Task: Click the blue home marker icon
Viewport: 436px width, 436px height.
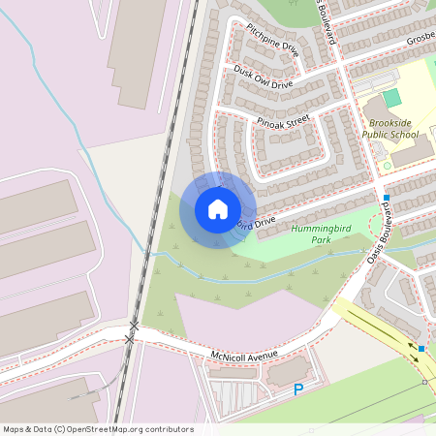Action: click(x=217, y=209)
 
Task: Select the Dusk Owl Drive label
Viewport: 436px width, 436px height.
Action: click(x=263, y=78)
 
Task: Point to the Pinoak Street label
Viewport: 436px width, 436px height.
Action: click(x=283, y=120)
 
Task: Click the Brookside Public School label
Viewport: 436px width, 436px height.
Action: click(x=390, y=129)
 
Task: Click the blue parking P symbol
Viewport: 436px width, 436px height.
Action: click(x=298, y=389)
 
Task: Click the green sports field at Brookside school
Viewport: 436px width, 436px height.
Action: click(x=391, y=98)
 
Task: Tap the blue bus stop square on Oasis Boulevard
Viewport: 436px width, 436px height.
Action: click(x=386, y=198)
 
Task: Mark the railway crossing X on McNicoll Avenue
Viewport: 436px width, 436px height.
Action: click(x=132, y=338)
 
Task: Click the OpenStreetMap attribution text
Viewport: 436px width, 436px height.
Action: click(x=98, y=429)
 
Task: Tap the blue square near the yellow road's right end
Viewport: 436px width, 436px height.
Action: click(x=423, y=348)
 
